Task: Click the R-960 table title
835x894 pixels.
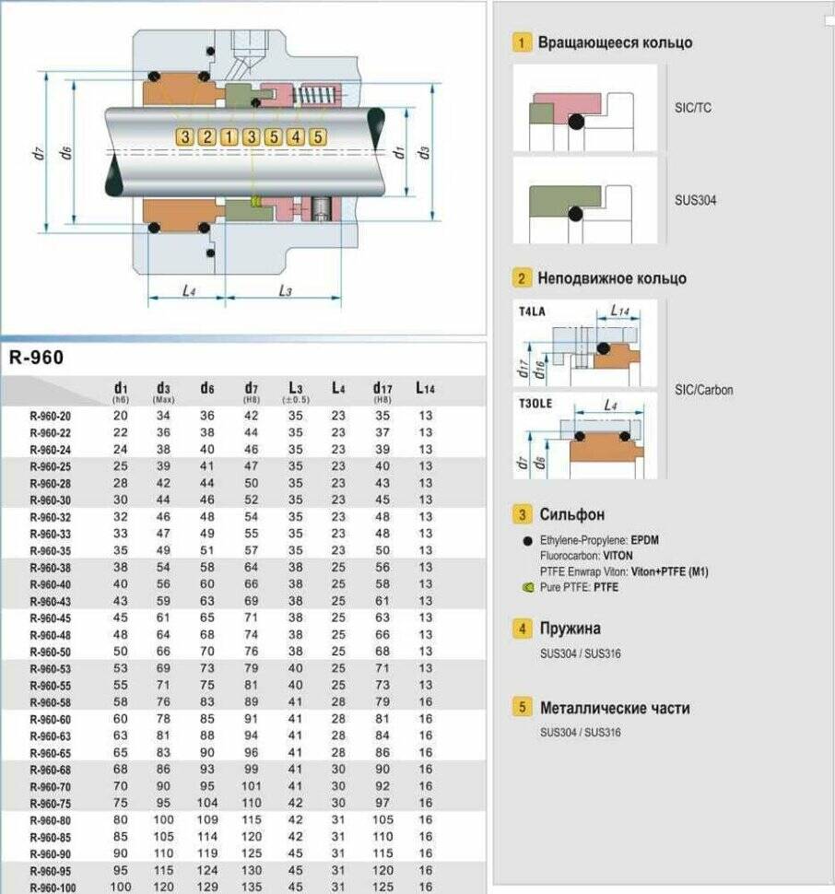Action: pyautogui.click(x=37, y=358)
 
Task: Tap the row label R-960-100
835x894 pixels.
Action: pyautogui.click(x=52, y=887)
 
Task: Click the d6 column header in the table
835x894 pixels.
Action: pyautogui.click(x=207, y=388)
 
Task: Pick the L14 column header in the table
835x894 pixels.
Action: pyautogui.click(x=425, y=388)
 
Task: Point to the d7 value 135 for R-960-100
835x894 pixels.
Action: pyautogui.click(x=251, y=887)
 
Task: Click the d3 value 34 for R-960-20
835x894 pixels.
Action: pyautogui.click(x=163, y=416)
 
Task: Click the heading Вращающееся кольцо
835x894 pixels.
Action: pyautogui.click(x=615, y=42)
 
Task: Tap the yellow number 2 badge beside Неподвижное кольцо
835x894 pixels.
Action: pyautogui.click(x=523, y=278)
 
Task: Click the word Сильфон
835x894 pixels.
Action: pyautogui.click(x=572, y=514)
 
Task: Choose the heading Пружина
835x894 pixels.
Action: pyautogui.click(x=570, y=629)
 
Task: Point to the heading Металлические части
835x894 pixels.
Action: pyautogui.click(x=614, y=709)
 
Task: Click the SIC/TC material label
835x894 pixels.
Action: pyautogui.click(x=693, y=108)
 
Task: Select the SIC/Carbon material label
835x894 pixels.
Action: pyautogui.click(x=704, y=390)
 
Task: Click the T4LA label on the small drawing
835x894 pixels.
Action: pyautogui.click(x=533, y=312)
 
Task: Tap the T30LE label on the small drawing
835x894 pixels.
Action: pyautogui.click(x=535, y=403)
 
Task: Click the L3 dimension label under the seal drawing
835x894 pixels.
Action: pyautogui.click(x=285, y=291)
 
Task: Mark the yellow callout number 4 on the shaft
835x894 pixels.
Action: pyautogui.click(x=295, y=137)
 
